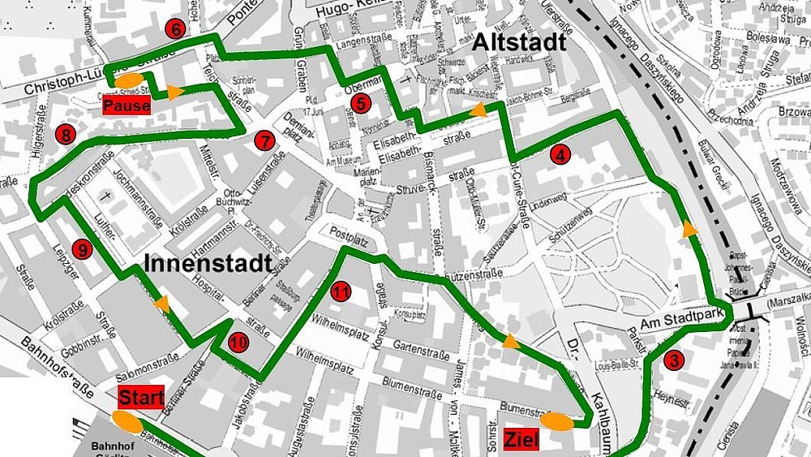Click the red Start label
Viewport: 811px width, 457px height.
pos(142,398)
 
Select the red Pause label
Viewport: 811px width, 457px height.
pos(127,106)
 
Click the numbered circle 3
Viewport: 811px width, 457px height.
pos(672,360)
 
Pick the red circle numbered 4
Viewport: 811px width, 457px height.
pos(558,155)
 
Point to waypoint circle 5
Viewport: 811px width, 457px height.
pos(361,103)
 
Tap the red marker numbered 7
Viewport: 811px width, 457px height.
pos(263,140)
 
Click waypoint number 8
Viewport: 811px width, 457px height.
pos(65,134)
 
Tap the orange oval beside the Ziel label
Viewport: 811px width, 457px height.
pos(557,420)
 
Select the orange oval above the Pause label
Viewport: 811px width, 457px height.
pos(128,81)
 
